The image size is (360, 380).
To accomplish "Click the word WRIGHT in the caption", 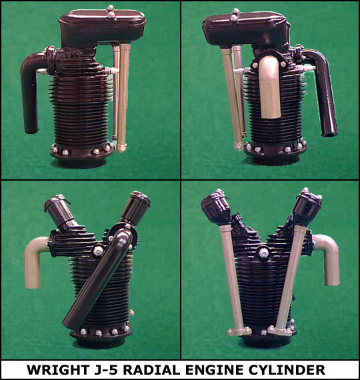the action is click(x=57, y=370).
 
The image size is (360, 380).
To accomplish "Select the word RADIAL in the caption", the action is click(x=152, y=370).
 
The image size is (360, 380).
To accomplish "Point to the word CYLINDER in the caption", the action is click(x=287, y=370).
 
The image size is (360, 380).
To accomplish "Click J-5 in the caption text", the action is click(x=106, y=370).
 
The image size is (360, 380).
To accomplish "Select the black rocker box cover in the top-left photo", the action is click(x=102, y=27).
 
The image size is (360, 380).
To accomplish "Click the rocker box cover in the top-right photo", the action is click(x=245, y=27).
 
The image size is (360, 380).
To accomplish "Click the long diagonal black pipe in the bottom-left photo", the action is click(x=97, y=279).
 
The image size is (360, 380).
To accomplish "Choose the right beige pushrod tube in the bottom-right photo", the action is click(x=289, y=279).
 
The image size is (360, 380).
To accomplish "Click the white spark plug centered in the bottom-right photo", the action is click(x=263, y=253).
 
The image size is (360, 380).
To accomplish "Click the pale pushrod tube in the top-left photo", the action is click(x=123, y=97).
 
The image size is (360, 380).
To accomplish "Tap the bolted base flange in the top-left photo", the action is click(x=82, y=152).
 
